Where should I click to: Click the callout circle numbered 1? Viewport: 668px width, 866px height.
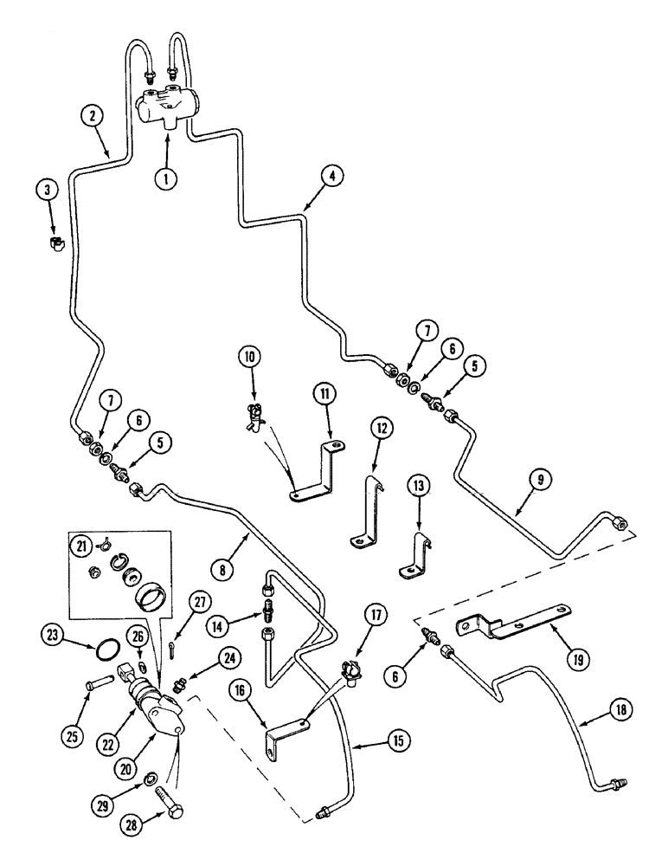(x=167, y=179)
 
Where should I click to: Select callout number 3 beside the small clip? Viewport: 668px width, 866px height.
(x=48, y=190)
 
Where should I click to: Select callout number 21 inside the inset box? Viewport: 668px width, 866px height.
(x=82, y=546)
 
